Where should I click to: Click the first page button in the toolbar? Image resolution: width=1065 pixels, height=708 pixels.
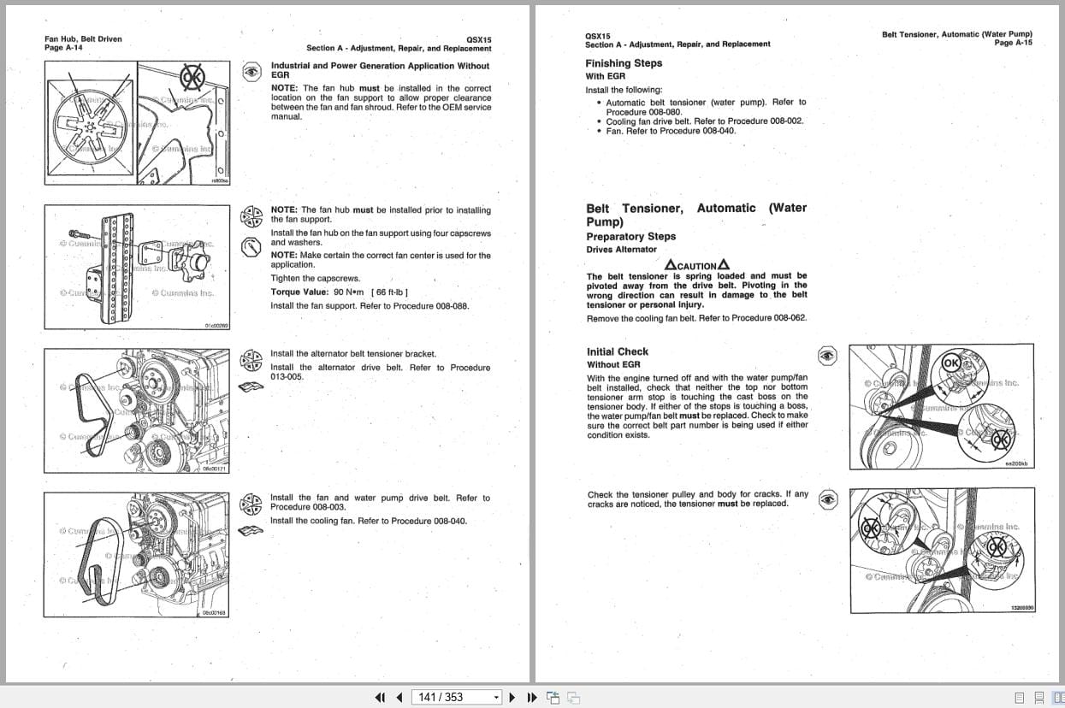tap(381, 697)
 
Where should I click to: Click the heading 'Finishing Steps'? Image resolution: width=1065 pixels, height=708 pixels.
tap(624, 63)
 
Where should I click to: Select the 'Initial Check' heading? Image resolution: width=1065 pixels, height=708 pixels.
tap(618, 351)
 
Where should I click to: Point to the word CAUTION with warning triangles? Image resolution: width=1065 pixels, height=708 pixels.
tap(696, 265)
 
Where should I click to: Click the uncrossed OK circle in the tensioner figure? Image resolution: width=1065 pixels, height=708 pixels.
tap(951, 363)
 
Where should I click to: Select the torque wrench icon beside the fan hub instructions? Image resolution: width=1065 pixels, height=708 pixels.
tap(251, 248)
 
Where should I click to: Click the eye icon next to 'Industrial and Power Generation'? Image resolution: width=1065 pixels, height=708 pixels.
tap(251, 72)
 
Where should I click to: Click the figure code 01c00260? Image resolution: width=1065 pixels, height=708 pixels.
tap(216, 326)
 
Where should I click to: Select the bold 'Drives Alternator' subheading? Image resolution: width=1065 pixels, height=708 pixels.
tap(621, 250)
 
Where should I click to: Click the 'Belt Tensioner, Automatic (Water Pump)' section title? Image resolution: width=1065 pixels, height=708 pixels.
tap(696, 215)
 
